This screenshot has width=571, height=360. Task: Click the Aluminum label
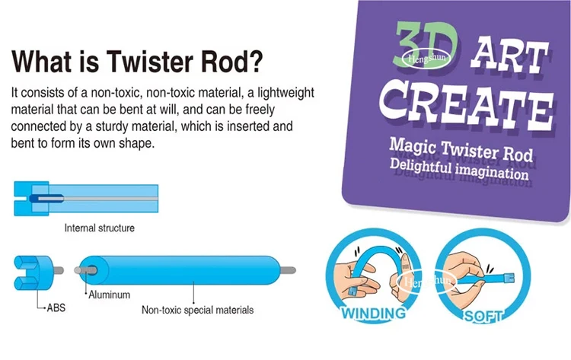[110, 294]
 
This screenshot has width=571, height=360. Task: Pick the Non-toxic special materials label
[198, 310]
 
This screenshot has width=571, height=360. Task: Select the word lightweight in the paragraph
[281, 92]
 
